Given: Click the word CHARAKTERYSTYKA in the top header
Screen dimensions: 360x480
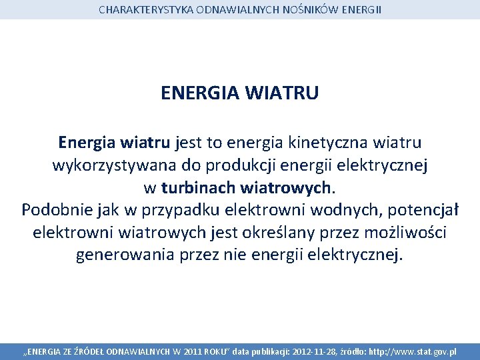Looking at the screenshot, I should click(x=139, y=10).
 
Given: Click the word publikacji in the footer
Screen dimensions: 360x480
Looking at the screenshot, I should click(x=268, y=351).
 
